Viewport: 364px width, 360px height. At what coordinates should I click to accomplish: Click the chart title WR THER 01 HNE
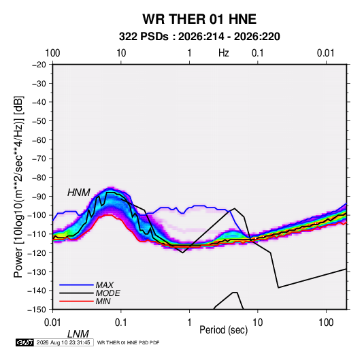pyautogui.click(x=199, y=19)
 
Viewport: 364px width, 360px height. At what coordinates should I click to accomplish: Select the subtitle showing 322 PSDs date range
pyautogui.click(x=199, y=37)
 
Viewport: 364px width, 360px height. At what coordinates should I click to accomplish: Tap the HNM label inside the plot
pyautogui.click(x=79, y=193)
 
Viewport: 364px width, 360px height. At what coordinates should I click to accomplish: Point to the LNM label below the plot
pyautogui.click(x=78, y=334)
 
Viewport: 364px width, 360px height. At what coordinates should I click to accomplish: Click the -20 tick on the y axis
pyautogui.click(x=39, y=65)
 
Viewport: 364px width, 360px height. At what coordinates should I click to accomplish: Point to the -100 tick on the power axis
pyautogui.click(x=37, y=215)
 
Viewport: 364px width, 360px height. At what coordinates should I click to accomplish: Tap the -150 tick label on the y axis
pyautogui.click(x=37, y=310)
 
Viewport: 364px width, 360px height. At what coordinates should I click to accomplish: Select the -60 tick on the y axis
pyautogui.click(x=39, y=140)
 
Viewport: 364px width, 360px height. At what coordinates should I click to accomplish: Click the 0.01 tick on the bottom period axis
pyautogui.click(x=53, y=323)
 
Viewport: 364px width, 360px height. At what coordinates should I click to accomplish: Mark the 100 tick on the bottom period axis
pyautogui.click(x=326, y=323)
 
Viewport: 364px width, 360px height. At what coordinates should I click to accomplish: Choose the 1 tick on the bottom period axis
pyautogui.click(x=189, y=323)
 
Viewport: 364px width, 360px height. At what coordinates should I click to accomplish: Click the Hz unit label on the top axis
pyautogui.click(x=224, y=53)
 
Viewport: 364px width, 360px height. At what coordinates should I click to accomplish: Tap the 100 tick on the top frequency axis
pyautogui.click(x=52, y=53)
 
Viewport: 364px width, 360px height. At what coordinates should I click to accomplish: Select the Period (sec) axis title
pyautogui.click(x=224, y=330)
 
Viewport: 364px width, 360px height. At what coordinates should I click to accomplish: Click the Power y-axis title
pyautogui.click(x=18, y=187)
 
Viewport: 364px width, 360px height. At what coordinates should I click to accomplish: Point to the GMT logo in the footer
pyautogui.click(x=25, y=342)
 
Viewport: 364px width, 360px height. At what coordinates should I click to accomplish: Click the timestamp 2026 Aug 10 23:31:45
pyautogui.click(x=63, y=342)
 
